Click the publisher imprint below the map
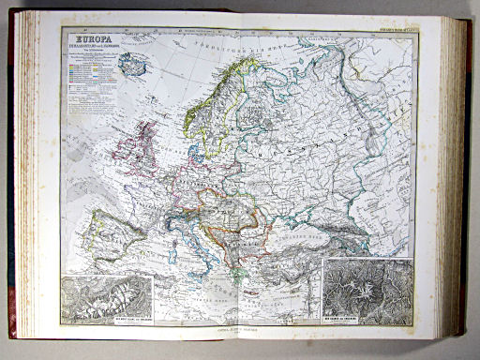coord(245,330)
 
